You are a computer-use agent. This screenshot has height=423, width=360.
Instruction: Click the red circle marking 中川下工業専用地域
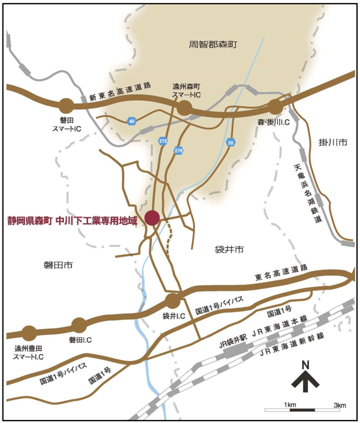152,218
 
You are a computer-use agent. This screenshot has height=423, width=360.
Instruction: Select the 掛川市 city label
333,143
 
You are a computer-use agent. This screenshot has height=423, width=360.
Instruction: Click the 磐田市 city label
58,264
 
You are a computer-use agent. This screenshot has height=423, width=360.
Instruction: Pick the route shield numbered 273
163,140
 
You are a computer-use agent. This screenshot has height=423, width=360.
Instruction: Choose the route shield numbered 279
178,150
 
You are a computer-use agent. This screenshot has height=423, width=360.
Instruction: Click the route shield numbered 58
231,142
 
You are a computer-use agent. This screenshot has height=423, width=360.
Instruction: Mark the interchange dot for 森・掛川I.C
275,107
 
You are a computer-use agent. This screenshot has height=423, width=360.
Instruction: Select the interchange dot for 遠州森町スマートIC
184,107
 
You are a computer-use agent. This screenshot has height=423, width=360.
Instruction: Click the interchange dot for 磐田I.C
79,326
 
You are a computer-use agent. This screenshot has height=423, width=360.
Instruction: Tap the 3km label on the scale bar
339,405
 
